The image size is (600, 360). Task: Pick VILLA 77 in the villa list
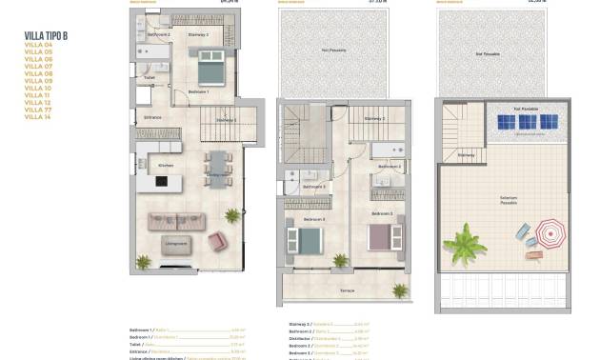(x=38, y=109)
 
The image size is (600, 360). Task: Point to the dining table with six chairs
(x=217, y=168)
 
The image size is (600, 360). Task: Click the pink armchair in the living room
(x=218, y=242)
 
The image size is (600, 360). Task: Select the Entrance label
(x=152, y=117)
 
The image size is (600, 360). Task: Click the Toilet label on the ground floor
(x=148, y=78)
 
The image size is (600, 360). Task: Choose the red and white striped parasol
(x=550, y=232)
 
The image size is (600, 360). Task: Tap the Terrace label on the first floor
(x=349, y=288)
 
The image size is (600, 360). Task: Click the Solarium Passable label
(x=509, y=201)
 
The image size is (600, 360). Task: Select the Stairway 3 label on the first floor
(x=375, y=119)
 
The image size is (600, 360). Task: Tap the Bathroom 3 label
(x=314, y=187)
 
